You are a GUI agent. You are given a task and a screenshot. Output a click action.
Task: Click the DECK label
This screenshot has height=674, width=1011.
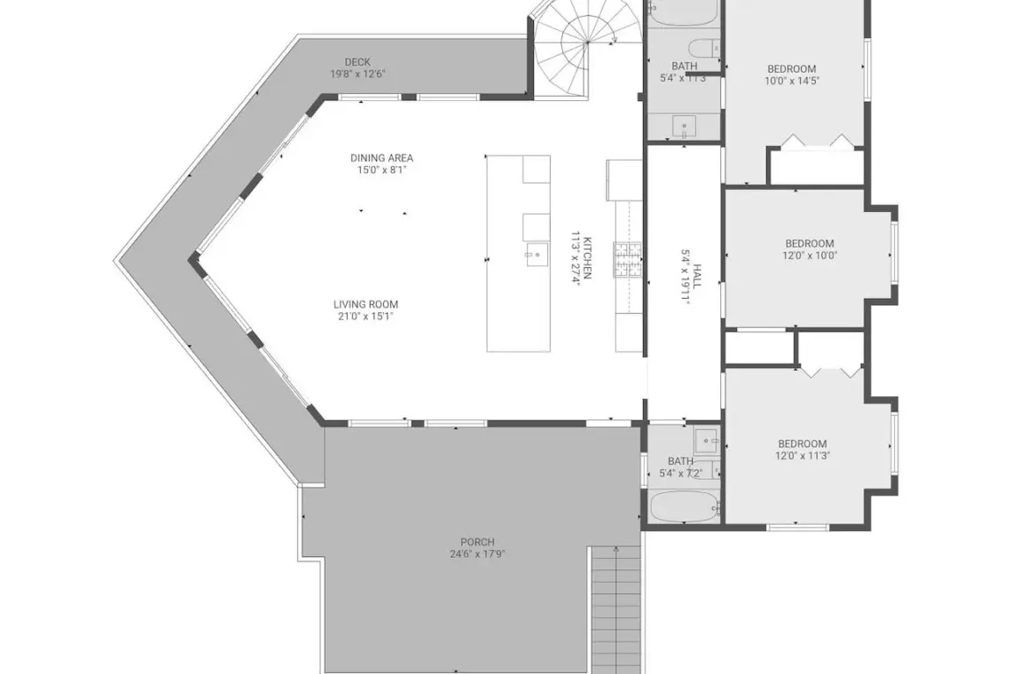[x=357, y=62]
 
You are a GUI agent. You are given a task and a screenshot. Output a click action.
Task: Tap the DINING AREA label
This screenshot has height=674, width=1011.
[x=381, y=158]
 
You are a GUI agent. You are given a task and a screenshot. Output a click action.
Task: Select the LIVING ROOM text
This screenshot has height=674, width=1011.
[x=365, y=304]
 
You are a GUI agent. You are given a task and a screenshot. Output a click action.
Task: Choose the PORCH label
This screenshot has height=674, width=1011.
[x=478, y=543]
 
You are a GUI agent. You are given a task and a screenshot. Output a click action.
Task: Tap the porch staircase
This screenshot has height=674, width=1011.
[x=616, y=609]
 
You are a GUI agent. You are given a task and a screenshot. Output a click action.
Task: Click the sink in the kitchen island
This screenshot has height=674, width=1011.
[x=537, y=255]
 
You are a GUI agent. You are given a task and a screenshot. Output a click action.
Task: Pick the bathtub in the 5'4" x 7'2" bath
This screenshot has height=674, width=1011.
[x=684, y=506]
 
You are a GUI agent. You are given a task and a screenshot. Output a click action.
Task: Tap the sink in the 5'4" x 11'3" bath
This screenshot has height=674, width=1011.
[x=684, y=126]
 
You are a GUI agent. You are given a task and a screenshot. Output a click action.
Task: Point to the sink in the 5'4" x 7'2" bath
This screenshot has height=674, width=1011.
[x=708, y=441]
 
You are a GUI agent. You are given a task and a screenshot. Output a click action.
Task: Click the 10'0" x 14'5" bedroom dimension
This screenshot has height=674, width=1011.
[x=792, y=82]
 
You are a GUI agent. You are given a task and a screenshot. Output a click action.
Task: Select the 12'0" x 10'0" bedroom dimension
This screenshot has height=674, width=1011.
[x=810, y=255]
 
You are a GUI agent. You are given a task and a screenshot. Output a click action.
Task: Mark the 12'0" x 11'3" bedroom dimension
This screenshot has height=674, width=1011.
[x=802, y=456]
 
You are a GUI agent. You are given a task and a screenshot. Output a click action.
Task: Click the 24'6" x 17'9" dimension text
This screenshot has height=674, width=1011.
[x=478, y=554]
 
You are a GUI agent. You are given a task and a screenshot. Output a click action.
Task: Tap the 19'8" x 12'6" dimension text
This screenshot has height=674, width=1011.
[x=357, y=74]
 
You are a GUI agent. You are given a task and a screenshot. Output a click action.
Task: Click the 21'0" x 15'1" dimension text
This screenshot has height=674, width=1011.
[x=365, y=317]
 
